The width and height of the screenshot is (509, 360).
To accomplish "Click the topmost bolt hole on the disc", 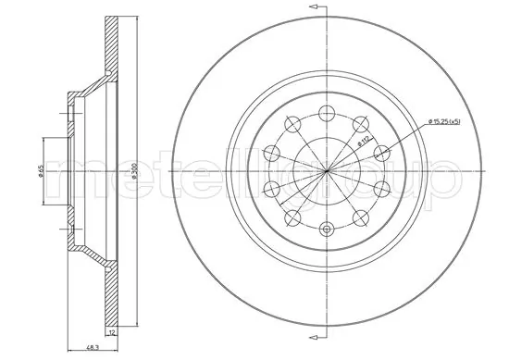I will click(x=325, y=113).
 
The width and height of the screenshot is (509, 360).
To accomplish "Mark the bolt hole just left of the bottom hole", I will click(x=292, y=217).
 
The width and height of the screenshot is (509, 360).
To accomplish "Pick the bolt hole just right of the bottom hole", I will click(x=357, y=217).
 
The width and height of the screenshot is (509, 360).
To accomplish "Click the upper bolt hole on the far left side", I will click(x=272, y=152).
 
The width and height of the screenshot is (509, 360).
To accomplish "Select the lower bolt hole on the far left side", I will click(x=272, y=189).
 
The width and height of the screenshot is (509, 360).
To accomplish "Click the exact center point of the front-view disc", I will click(x=325, y=170).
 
